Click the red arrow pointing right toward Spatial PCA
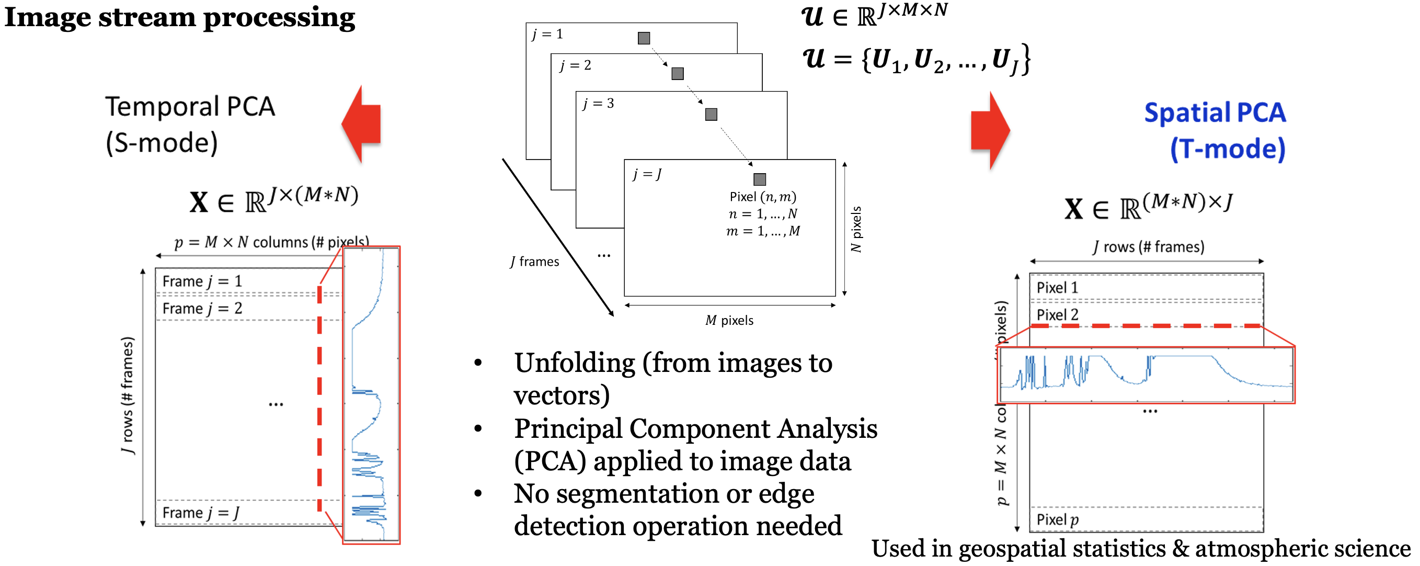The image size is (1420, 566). coord(990,131)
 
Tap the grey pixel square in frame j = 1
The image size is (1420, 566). coord(643,38)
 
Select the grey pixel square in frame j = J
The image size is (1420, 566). coord(759,179)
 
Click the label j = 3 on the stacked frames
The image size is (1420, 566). coord(598,103)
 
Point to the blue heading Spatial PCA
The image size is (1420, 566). coord(1215,113)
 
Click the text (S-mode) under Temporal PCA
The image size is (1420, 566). coord(162,143)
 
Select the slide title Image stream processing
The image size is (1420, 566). coord(180,18)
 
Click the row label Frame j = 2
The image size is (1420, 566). coord(202,309)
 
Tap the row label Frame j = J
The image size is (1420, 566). coord(201,513)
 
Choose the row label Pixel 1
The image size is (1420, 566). coord(1057,287)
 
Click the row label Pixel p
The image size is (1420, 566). coord(1057,519)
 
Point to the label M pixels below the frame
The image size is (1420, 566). coord(729,321)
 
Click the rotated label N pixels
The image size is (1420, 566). coord(856,230)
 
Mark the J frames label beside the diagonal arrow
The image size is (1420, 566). coord(534,262)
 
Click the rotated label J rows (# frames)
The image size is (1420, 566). coord(128,395)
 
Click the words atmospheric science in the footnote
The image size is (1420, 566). coord(1302,549)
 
